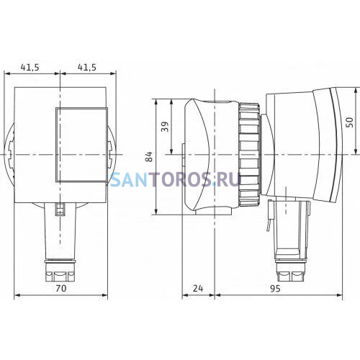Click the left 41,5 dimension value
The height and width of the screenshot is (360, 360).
pyautogui.click(x=30, y=68)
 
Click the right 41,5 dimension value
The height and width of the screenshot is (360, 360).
pyautogui.click(x=86, y=68)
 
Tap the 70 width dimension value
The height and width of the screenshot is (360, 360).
pyautogui.click(x=60, y=288)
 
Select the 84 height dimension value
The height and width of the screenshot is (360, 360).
pyautogui.click(x=150, y=156)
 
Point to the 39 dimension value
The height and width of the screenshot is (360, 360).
pyautogui.click(x=165, y=127)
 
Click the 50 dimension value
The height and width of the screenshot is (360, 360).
pyautogui.click(x=350, y=122)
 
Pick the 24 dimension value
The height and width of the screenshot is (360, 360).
pyautogui.click(x=198, y=288)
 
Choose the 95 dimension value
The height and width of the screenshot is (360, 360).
pyautogui.click(x=275, y=288)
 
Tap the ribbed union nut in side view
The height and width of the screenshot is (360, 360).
pyautogui.click(x=249, y=155)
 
